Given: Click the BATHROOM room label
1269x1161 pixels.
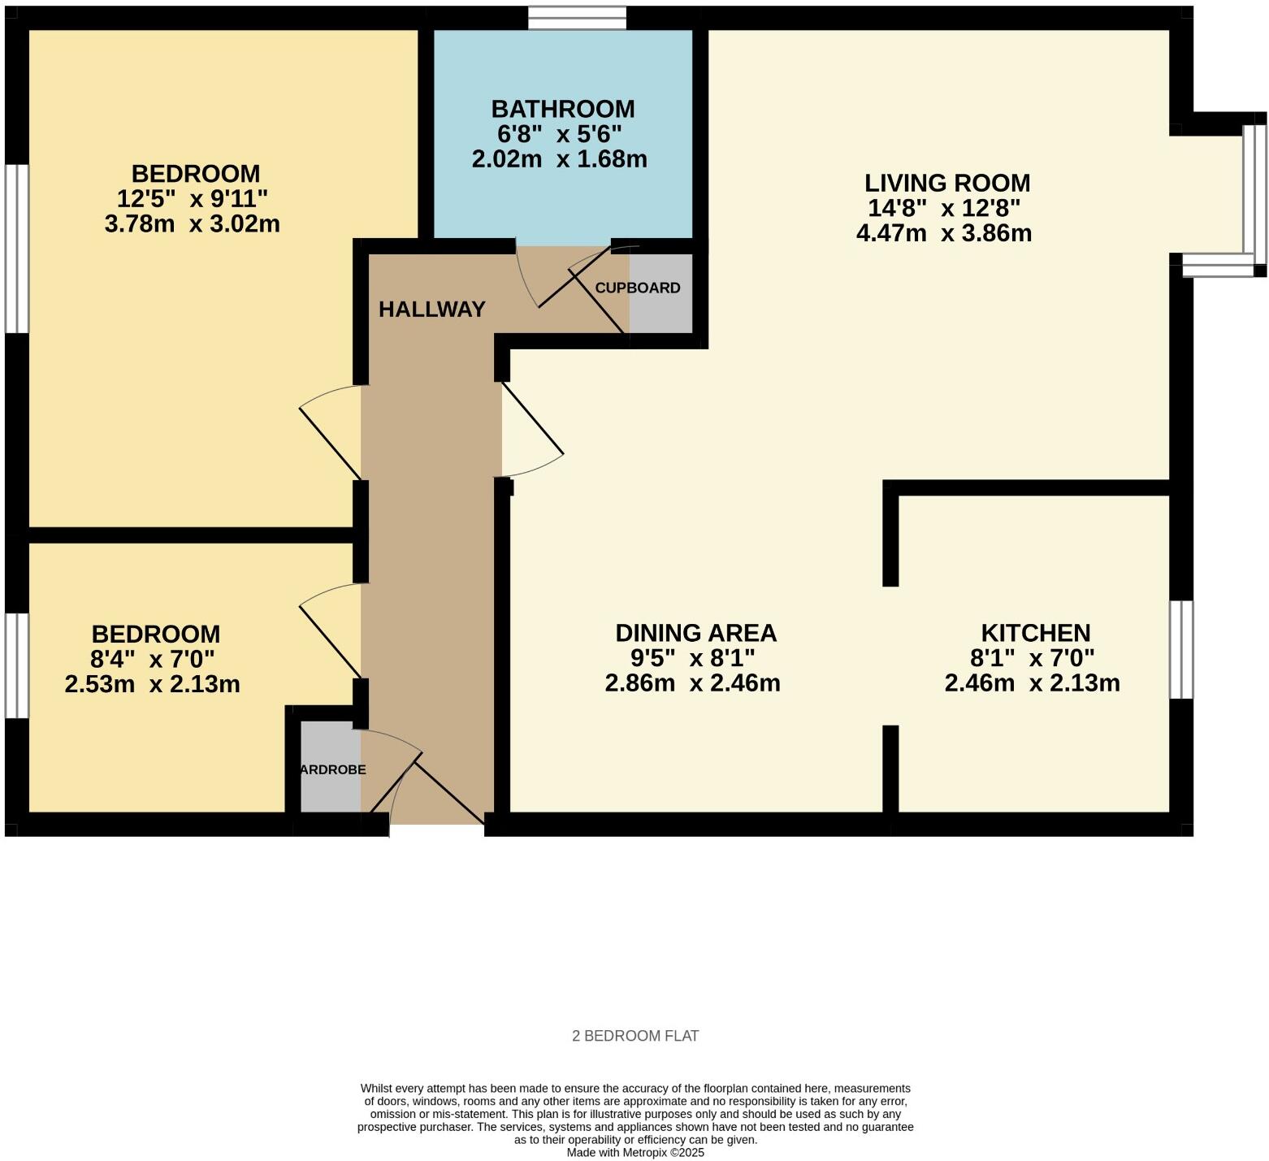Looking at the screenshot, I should tap(562, 109).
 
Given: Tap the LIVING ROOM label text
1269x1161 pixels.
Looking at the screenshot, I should tap(946, 183).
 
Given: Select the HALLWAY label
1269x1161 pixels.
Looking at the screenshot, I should tap(431, 310).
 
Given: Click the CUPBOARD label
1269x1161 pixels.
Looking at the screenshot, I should tap(638, 288).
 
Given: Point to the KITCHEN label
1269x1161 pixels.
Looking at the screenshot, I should tap(1035, 633).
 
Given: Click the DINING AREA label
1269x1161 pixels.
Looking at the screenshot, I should tap(695, 633).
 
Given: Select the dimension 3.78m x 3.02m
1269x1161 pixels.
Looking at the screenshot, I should tap(193, 224).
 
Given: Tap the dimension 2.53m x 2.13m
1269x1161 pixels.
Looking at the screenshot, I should tap(152, 684).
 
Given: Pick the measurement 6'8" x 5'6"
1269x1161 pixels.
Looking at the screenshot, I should tap(560, 134).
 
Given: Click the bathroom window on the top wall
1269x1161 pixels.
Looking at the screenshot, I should tap(577, 18).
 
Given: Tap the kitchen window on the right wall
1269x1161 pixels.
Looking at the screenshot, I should tap(1181, 649).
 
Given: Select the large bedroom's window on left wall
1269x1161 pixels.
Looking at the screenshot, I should tap(17, 249).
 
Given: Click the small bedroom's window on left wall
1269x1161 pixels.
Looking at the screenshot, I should tap(17, 665).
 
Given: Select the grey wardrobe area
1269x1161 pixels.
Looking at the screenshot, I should tap(331, 768).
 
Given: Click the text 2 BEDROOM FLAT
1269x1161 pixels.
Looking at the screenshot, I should tap(635, 1036).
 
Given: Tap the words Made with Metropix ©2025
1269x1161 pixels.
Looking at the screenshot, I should tap(635, 1152).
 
